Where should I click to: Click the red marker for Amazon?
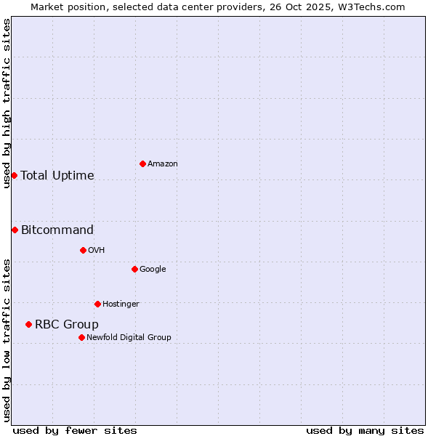point(142,163)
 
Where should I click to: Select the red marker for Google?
point(134,269)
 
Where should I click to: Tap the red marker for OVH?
point(83,250)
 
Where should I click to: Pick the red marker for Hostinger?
point(97,304)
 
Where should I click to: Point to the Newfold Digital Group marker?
point(81,337)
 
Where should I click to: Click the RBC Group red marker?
point(28,324)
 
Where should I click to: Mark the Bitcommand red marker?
point(15,230)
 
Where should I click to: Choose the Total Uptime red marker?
point(14,175)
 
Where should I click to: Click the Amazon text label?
point(163,164)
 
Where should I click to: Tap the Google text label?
point(153,270)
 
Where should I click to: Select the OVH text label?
point(97,251)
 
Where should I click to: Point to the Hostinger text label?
point(121,304)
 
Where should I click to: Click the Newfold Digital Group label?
point(129,337)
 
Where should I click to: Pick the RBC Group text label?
point(67,325)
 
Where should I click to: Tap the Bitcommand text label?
point(57,230)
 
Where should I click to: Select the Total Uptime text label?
point(57,176)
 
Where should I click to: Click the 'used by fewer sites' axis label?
point(75,430)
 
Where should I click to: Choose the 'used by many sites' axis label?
point(365,430)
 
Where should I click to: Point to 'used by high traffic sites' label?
point(7,103)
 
